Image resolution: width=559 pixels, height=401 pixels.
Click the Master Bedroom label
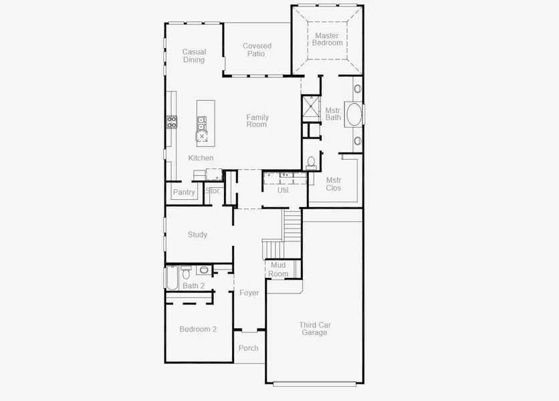point(326,39)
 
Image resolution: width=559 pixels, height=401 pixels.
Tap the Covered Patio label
point(257,50)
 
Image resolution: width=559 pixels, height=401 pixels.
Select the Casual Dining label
point(194,55)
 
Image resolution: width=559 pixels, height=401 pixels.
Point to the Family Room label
point(257,121)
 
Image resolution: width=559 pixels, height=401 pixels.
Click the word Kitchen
point(201,158)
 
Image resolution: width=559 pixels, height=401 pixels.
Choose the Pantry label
point(184,192)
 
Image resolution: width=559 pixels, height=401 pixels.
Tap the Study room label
point(197,235)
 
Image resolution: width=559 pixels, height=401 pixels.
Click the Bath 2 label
point(194,286)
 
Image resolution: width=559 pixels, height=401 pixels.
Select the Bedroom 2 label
point(198,329)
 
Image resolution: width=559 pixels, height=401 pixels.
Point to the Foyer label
point(249,293)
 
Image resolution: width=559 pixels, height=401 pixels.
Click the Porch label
point(248,348)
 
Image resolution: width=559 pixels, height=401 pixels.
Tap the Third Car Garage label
point(314,329)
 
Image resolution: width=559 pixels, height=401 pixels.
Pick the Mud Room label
point(278,270)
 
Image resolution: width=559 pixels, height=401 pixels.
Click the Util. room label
point(284,190)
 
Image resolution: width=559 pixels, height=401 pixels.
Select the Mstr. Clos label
point(334,184)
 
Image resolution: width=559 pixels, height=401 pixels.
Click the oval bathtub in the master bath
point(353,114)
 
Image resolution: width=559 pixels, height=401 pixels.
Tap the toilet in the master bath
point(311,162)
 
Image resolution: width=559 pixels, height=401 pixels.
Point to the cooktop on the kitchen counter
point(171,122)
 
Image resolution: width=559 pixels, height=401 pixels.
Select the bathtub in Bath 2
point(172,277)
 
